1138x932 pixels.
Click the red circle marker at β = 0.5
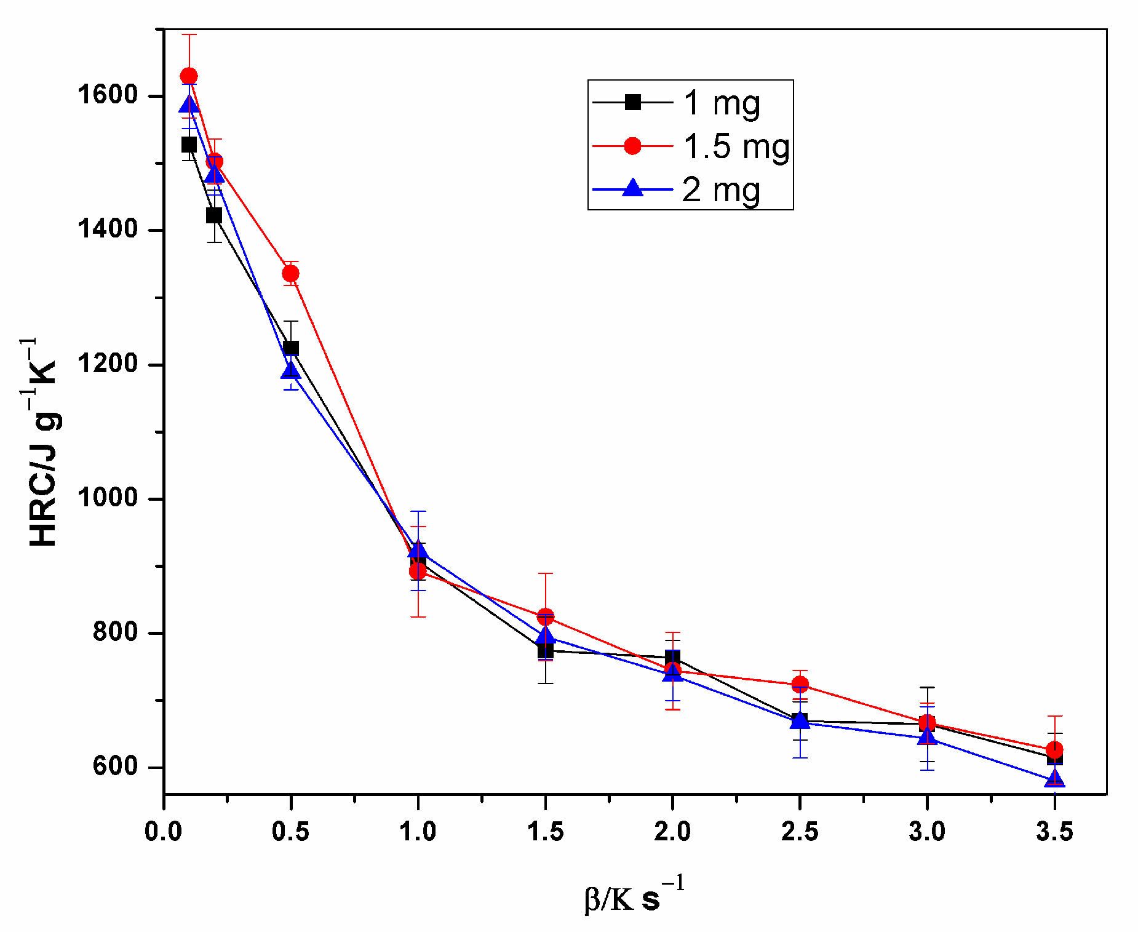click(x=290, y=273)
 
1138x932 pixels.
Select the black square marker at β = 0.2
click(x=214, y=215)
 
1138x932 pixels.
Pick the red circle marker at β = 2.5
click(x=800, y=684)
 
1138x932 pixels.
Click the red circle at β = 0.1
click(x=189, y=76)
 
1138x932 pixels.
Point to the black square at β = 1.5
click(x=545, y=650)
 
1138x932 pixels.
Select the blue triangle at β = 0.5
click(x=290, y=370)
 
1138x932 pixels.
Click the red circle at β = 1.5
click(x=545, y=616)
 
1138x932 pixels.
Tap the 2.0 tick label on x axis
click(x=672, y=832)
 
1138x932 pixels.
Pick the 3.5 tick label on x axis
click(x=1054, y=832)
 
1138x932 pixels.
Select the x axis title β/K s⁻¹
click(x=634, y=897)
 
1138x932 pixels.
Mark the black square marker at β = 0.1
click(x=189, y=145)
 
